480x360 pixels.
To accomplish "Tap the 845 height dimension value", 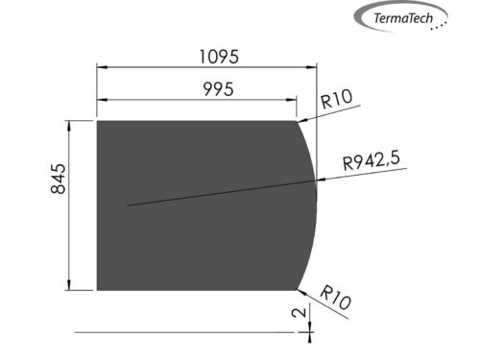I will pos(57,180).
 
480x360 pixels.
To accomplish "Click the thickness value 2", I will pos(300,313).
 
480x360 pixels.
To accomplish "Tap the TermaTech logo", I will pos(402,17).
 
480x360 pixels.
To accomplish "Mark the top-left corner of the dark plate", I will pos(98,121).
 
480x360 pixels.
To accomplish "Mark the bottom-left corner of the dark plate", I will pos(98,289).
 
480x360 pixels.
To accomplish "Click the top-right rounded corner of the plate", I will pos(296,122).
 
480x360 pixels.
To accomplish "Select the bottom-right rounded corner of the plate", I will pos(296,288).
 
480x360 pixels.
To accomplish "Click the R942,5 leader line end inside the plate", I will pos(127,204).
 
